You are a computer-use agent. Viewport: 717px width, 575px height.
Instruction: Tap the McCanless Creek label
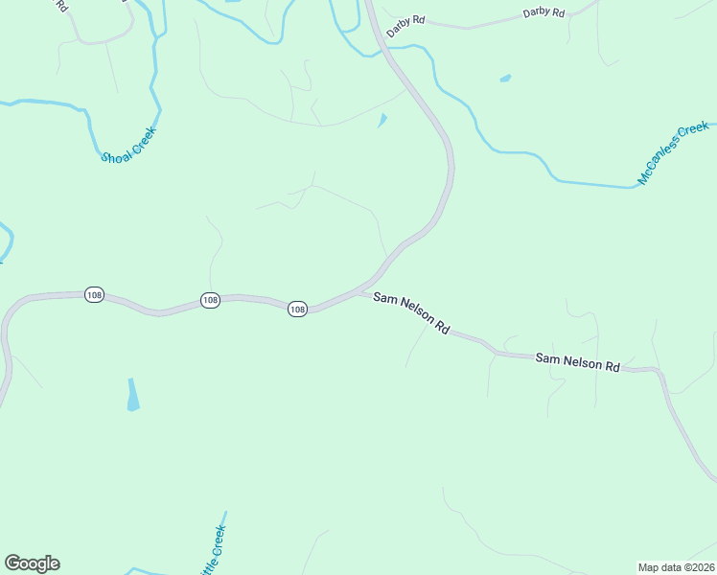point(673,153)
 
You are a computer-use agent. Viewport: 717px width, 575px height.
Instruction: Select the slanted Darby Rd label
point(405,26)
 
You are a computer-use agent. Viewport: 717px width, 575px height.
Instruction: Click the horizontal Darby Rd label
point(544,12)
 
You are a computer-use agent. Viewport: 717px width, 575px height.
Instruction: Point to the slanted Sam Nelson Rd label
point(411,312)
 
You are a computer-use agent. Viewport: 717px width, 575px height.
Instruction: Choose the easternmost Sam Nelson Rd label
point(577,361)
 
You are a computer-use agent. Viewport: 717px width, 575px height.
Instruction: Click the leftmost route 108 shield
point(93,295)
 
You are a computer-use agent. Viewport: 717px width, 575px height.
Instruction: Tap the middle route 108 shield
point(211,300)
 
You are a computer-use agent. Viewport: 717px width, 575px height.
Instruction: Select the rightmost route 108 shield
point(297,309)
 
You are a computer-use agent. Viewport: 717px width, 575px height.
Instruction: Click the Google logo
point(32,563)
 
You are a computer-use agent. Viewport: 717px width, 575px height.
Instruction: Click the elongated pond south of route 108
point(132,395)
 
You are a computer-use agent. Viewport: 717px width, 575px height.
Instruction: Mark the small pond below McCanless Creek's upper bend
point(505,79)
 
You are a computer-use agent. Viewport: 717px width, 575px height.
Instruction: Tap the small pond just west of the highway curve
point(382,121)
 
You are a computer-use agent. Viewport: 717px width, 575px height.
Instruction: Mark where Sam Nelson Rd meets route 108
point(361,290)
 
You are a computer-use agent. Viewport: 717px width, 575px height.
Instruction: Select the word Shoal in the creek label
point(115,151)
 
